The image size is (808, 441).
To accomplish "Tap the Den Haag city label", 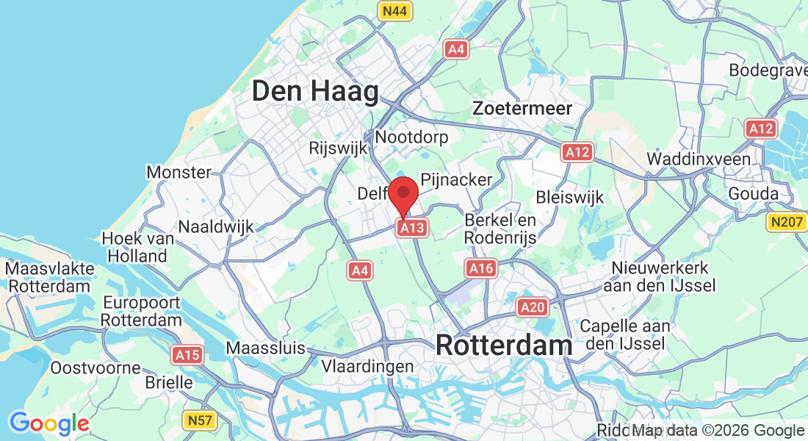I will [x=315, y=92].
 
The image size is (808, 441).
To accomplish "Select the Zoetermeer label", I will [x=522, y=108].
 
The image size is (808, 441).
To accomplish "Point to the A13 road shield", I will [x=411, y=228].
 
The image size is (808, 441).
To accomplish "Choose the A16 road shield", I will [x=481, y=269].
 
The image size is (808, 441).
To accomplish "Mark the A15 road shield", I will [x=187, y=356].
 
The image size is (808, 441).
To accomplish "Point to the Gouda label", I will [x=753, y=193].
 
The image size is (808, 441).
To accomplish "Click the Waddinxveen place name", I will [x=699, y=159].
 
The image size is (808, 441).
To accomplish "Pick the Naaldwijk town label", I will [x=216, y=226].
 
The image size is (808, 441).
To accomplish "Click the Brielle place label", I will [x=169, y=383].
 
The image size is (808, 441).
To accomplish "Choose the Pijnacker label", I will [x=456, y=179].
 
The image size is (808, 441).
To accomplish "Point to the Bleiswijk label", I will [x=570, y=197].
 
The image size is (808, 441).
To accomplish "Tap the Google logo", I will [x=49, y=423].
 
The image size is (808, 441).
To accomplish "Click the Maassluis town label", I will [x=265, y=348].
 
